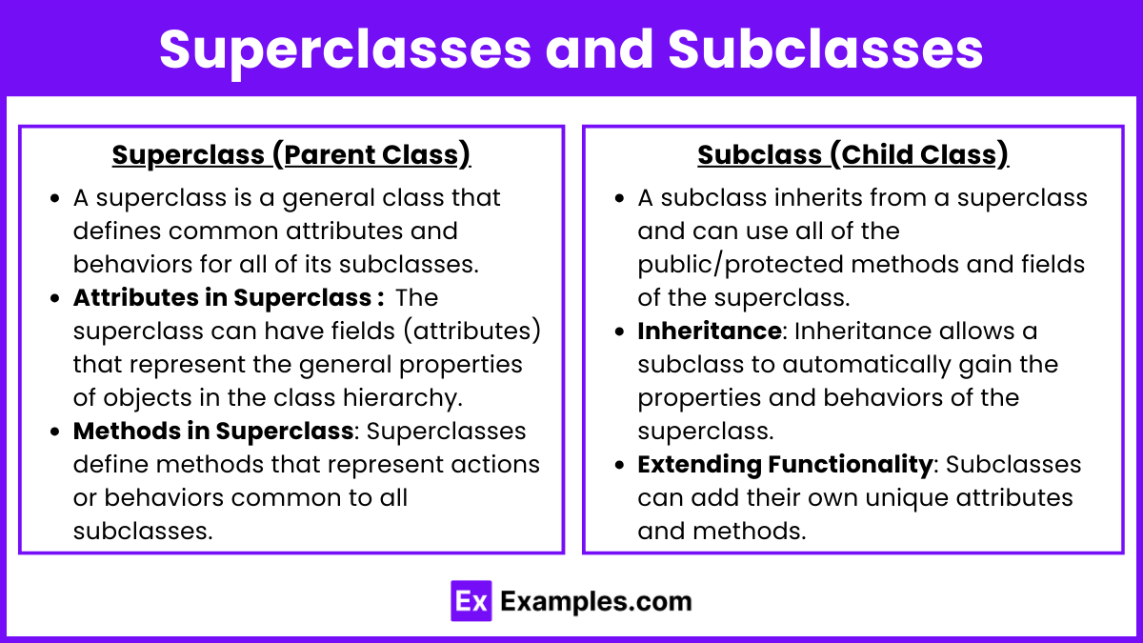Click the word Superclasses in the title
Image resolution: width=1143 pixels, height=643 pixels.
pos(346,50)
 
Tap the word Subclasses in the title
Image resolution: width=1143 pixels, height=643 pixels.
pos(825,49)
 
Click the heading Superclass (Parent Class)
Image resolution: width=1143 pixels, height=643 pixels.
pos(291,154)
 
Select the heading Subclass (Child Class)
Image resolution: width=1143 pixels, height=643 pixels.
pos(853,154)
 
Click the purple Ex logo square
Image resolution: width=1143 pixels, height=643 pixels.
pos(471,601)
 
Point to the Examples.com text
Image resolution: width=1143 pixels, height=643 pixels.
pos(596,601)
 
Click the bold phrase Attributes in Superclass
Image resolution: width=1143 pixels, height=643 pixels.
pos(222,297)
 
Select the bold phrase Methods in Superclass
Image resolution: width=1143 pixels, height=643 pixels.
pos(213,432)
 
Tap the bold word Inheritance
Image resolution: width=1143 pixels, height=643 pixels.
pos(710,331)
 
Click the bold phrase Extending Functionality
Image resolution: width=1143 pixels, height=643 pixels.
pos(785,465)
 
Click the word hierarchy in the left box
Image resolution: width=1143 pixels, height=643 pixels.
pos(402,398)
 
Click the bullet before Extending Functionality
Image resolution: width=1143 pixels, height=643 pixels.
pos(619,465)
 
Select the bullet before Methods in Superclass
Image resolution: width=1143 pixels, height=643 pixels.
pos(55,432)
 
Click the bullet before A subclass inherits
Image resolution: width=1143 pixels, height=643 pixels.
pos(619,198)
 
